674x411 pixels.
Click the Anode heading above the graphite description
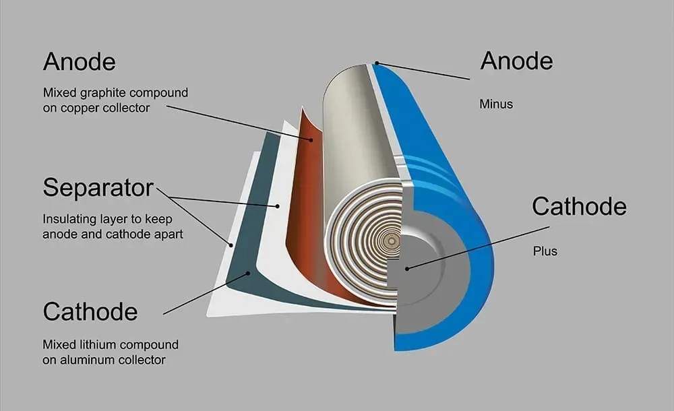coord(79,62)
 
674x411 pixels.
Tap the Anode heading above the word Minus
coord(516,61)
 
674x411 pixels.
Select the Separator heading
coord(98,188)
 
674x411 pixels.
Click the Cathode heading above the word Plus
coord(579,206)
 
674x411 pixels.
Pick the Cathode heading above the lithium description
coord(90,311)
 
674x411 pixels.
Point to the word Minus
coord(496,104)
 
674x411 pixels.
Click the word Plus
coord(545,251)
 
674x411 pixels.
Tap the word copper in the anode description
coord(73,107)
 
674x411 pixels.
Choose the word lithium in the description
coord(97,345)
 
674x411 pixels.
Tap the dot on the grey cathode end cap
coord(407,267)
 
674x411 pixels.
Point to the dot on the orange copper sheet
coord(311,139)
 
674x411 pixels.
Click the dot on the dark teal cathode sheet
coord(249,273)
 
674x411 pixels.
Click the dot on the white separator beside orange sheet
coord(277,205)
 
